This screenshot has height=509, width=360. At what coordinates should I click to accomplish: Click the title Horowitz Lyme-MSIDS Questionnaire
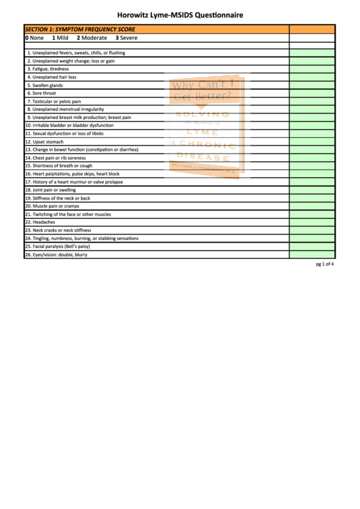pyautogui.click(x=180, y=14)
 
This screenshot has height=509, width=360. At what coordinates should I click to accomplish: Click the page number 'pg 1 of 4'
pyautogui.click(x=325, y=264)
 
